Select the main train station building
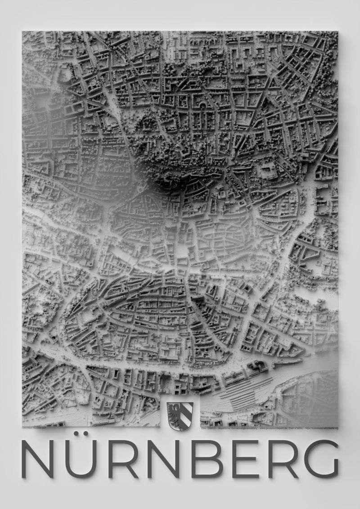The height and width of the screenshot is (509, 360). (256, 367)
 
